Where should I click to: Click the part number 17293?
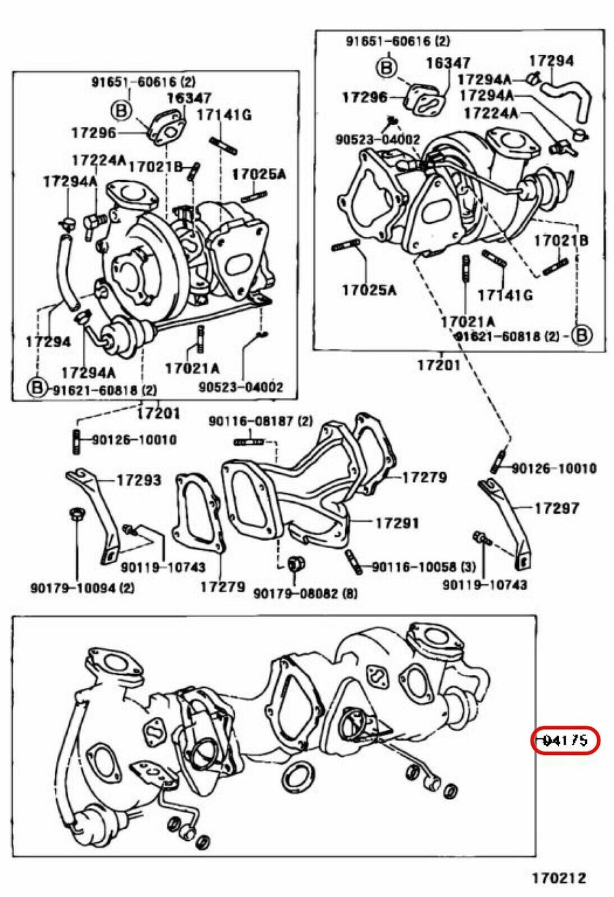pos(139,480)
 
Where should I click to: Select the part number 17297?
pos(556,508)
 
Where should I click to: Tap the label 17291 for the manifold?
pos(397,522)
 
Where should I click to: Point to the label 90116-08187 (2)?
pos(260,421)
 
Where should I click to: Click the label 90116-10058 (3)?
pos(423,567)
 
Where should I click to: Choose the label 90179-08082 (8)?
pos(305,593)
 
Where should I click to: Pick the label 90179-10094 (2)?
pos(83,588)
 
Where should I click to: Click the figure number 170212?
pos(559,878)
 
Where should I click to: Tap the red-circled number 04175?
pos(566,740)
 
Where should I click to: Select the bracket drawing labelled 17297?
pos(507,523)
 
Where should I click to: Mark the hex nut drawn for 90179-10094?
pos(76,515)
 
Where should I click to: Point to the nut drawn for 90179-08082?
pos(296,563)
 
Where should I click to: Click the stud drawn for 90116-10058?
pos(355,562)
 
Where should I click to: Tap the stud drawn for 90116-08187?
pos(248,442)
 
